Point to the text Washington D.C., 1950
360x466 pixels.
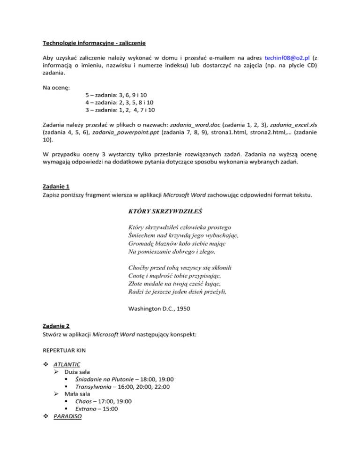coord(159,308)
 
